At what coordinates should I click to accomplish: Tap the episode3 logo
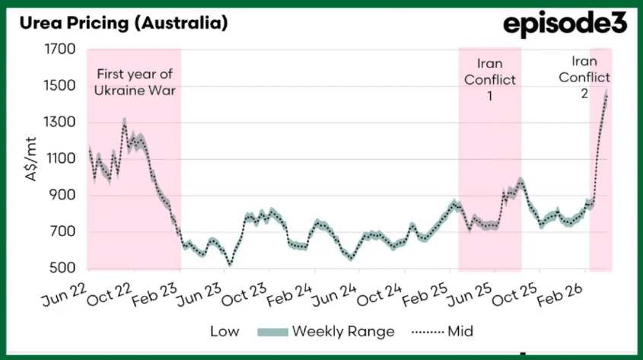(x=565, y=24)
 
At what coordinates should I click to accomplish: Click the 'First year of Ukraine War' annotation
(x=135, y=82)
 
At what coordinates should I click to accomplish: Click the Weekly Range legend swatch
(x=272, y=331)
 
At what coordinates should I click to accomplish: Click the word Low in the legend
(x=225, y=331)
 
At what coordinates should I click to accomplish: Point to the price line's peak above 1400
(x=606, y=94)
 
